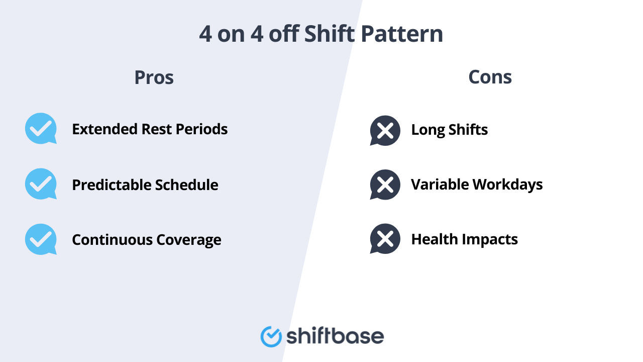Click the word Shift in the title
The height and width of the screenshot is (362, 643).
(330, 34)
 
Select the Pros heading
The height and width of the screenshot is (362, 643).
(154, 77)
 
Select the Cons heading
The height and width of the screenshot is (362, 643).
(490, 77)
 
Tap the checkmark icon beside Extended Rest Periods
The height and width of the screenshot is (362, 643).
(40, 128)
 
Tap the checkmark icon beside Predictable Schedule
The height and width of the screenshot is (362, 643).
(40, 184)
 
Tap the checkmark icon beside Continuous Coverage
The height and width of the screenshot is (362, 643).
(40, 239)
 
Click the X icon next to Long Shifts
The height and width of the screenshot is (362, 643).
(385, 130)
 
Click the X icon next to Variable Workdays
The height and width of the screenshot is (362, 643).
(385, 185)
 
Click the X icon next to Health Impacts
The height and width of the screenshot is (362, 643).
(385, 239)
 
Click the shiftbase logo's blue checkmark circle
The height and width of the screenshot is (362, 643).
(271, 336)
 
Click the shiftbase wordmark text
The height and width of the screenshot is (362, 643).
(335, 336)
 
